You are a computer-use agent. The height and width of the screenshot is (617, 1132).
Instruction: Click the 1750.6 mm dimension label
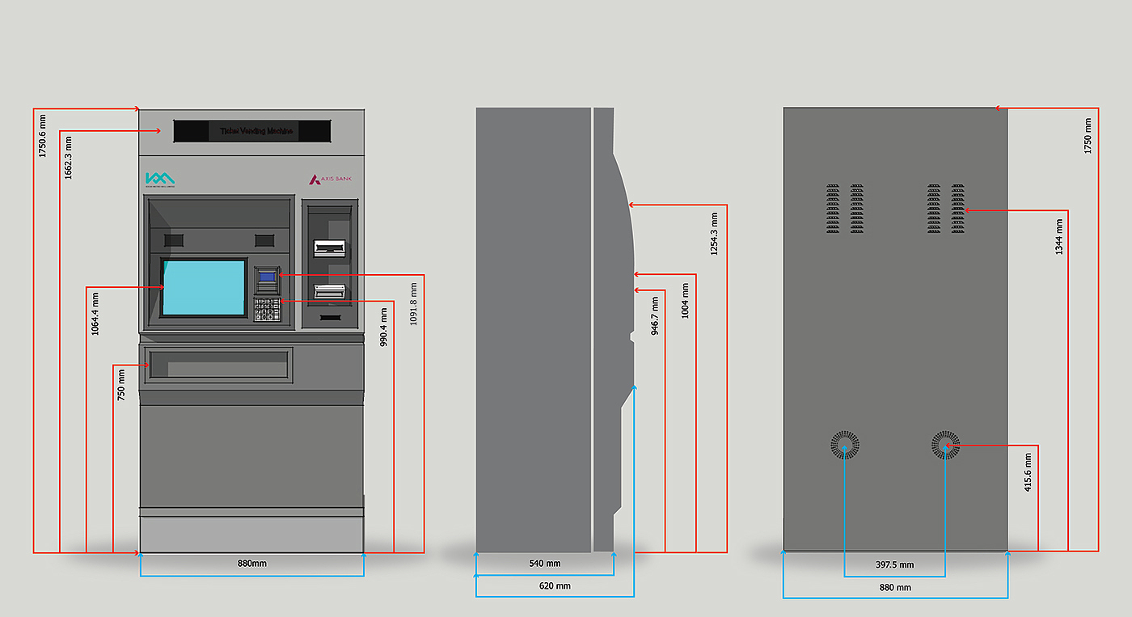tap(43, 135)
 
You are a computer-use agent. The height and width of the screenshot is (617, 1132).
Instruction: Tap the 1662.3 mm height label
tap(69, 158)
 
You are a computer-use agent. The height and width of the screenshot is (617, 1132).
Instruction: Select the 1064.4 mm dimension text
tap(95, 314)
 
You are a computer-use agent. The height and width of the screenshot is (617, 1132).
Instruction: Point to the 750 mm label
tap(122, 385)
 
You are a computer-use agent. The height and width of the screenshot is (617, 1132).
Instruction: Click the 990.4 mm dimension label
tap(383, 327)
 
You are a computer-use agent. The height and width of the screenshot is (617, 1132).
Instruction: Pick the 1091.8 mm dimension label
tap(414, 303)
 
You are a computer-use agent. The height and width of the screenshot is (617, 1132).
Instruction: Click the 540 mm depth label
tap(545, 564)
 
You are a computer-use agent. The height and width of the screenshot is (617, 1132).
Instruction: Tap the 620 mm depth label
tap(555, 586)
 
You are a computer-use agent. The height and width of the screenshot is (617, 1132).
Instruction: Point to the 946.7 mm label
tap(655, 315)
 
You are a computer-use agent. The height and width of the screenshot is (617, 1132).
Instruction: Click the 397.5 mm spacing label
tap(895, 565)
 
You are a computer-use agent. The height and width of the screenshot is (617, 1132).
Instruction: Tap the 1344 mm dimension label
tap(1059, 236)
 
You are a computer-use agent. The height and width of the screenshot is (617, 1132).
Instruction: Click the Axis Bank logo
tap(331, 180)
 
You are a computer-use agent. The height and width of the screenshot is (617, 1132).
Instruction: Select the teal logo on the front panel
tap(159, 180)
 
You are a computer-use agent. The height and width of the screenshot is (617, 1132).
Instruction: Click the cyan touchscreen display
tap(204, 287)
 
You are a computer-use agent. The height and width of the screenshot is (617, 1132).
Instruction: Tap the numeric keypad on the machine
tap(267, 309)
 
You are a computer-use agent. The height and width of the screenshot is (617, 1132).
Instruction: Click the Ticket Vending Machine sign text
tap(257, 131)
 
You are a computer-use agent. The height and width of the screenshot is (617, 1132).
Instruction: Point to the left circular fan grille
tap(845, 445)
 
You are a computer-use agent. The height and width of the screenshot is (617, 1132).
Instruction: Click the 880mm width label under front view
tap(251, 563)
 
